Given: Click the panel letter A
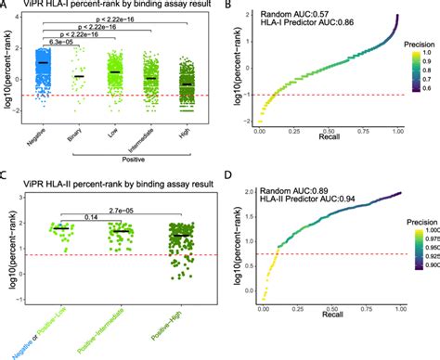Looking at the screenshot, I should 5,6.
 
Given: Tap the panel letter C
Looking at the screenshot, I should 5,185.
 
